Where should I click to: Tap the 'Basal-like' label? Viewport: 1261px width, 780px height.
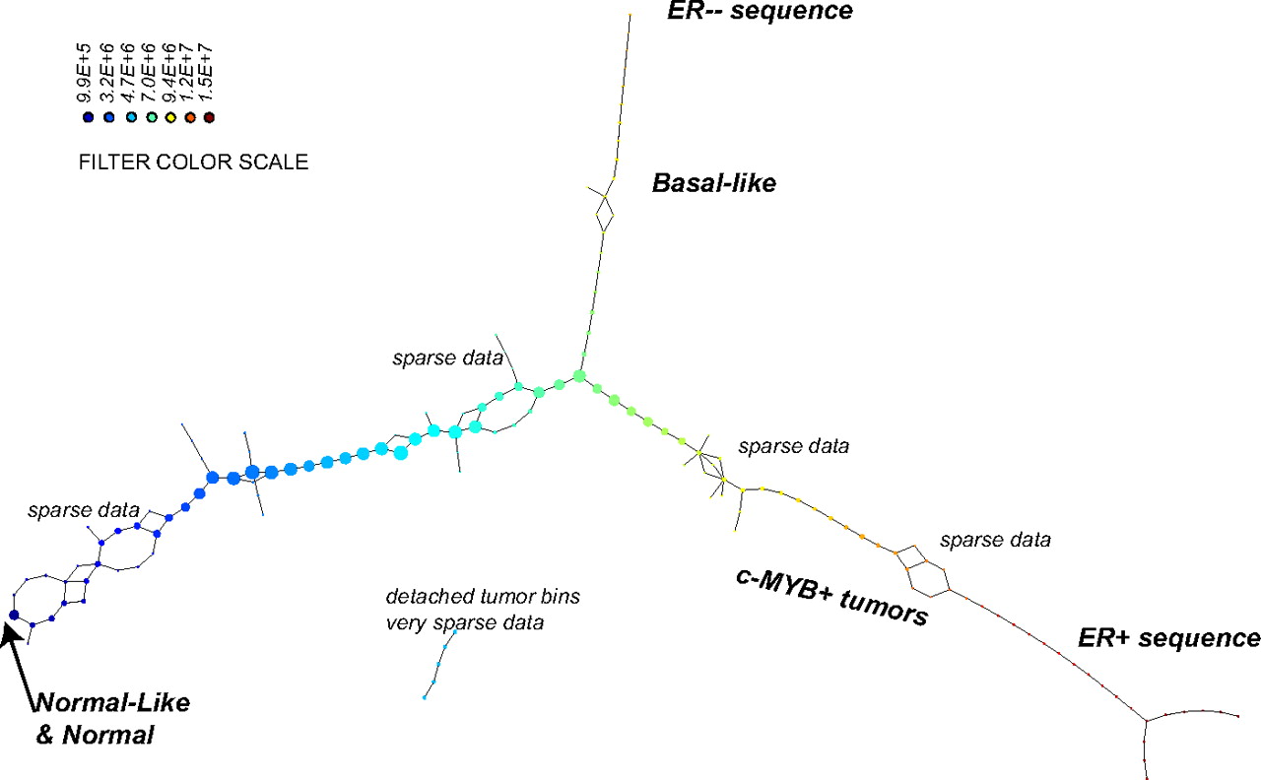point(714,183)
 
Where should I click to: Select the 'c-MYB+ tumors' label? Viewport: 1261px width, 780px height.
point(832,596)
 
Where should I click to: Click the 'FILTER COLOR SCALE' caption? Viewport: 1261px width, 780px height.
point(193,162)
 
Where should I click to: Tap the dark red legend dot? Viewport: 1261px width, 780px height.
point(209,117)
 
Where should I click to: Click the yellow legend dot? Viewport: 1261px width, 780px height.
point(168,117)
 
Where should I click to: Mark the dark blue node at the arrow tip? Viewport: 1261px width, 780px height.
point(14,615)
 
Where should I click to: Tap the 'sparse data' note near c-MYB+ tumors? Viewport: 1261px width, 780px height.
point(793,446)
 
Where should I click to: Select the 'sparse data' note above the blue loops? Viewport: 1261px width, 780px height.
point(83,510)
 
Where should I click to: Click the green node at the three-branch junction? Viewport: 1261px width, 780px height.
point(579,375)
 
